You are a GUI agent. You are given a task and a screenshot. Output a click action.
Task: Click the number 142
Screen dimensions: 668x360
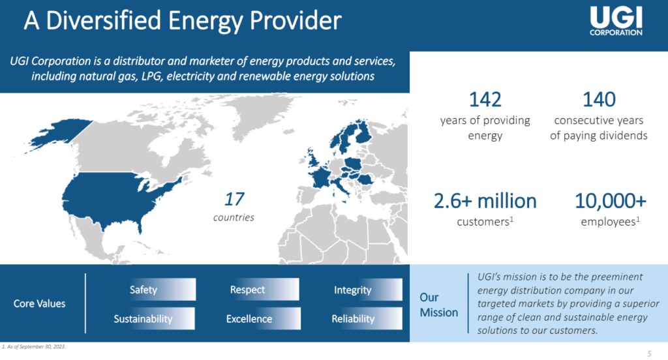tap(485, 100)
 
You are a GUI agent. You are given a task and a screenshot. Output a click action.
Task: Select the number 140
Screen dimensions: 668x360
tap(599, 100)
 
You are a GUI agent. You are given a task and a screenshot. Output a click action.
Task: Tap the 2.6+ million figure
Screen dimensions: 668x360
tap(485, 201)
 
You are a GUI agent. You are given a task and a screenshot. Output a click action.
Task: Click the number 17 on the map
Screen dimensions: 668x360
tap(234, 199)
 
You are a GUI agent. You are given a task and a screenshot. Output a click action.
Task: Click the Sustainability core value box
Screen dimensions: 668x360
tap(153, 319)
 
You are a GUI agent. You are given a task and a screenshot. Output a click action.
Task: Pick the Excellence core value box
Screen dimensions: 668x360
tap(262, 319)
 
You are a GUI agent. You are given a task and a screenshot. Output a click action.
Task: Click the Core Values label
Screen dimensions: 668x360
tap(40, 304)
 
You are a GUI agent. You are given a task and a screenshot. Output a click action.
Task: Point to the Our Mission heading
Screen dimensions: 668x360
tap(439, 305)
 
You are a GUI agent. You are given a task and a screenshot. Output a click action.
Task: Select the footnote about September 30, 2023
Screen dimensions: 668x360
tap(34, 347)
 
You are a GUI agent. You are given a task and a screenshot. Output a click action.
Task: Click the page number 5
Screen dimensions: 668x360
tap(649, 353)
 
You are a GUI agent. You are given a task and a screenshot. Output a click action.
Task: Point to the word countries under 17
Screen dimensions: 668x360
tap(234, 217)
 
